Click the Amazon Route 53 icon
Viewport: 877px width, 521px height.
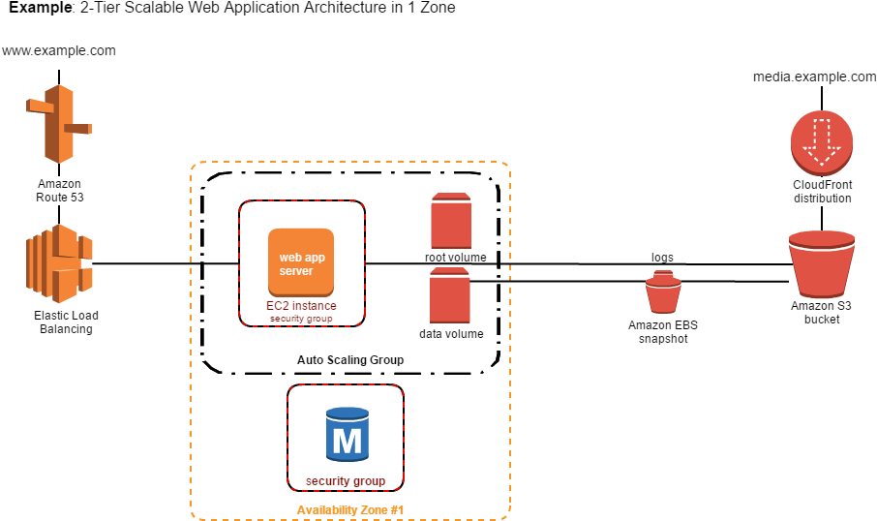pos(59,124)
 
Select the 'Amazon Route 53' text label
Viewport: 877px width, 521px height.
pos(60,191)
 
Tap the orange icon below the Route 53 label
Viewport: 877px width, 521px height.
pos(59,263)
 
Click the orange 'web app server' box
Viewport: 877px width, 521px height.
pos(301,262)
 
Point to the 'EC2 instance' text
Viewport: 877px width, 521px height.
pos(301,306)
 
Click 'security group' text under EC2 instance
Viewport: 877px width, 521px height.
pos(301,319)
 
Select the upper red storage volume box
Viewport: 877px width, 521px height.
pos(451,222)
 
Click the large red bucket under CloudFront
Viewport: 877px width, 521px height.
pos(822,263)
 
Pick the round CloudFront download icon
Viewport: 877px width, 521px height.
pos(822,142)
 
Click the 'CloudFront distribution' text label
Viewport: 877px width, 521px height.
pos(823,192)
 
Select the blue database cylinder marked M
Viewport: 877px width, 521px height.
pos(348,434)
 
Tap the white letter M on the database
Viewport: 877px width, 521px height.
pos(348,442)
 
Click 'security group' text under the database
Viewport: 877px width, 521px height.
pos(346,481)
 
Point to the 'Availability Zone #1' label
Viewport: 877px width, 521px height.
pos(349,510)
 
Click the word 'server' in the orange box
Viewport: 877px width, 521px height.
pos(296,271)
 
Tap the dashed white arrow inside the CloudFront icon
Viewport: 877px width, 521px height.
pos(822,141)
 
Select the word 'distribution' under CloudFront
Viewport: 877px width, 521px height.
pos(823,199)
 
